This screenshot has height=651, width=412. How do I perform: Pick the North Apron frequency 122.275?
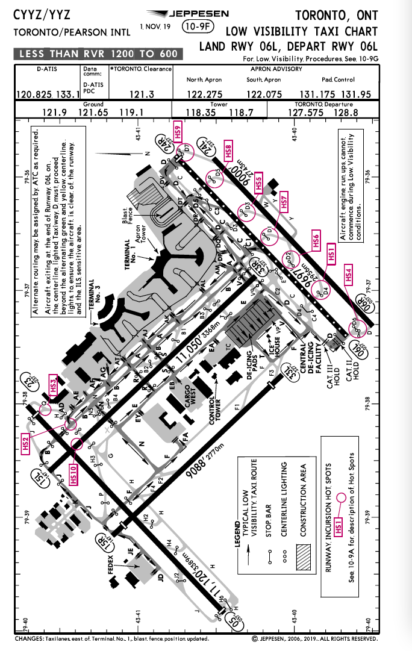[204, 95]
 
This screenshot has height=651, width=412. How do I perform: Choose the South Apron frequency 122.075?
[263, 95]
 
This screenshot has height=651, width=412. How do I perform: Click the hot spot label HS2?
[26, 443]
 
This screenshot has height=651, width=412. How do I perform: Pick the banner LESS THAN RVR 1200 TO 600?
[99, 54]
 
